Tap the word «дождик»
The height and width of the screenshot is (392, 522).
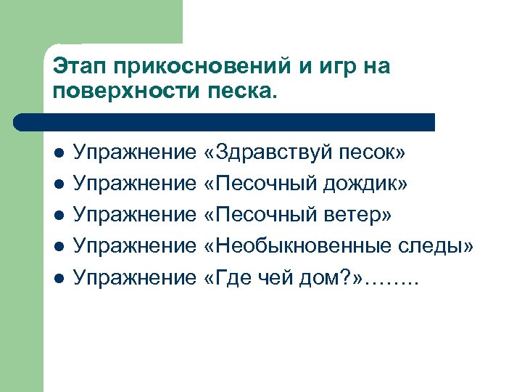(x=367, y=184)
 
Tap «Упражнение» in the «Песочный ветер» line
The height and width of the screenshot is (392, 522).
(x=136, y=216)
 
